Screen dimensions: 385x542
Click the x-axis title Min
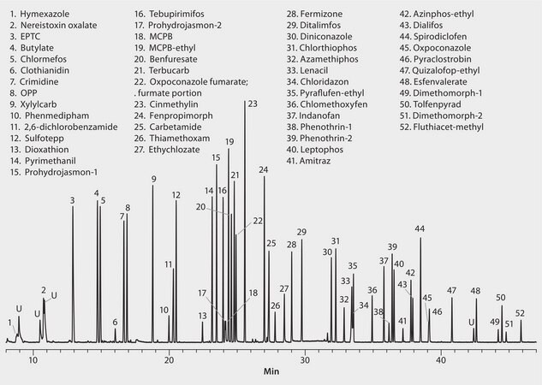point(271,373)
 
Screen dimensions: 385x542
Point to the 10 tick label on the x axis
point(33,360)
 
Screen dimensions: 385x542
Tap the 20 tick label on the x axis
point(169,360)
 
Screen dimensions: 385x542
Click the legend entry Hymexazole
point(43,15)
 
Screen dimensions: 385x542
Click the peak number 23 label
point(252,104)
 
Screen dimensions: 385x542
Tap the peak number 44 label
point(420,229)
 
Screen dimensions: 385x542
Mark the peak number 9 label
point(153,178)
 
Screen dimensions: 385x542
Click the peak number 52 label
point(520,313)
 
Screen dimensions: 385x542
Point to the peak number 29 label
point(301,232)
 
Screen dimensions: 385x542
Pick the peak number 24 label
point(264,170)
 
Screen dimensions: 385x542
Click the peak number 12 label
point(176,195)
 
